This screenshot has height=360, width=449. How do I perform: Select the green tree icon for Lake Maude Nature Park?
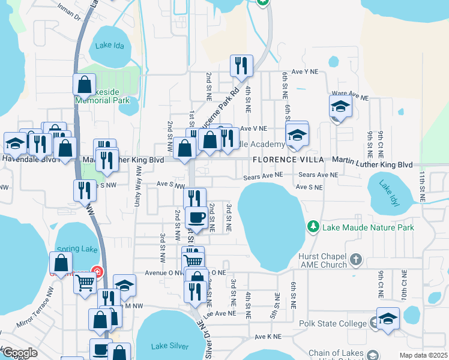pyautogui.click(x=313, y=227)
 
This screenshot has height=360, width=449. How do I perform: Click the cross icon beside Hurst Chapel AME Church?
pyautogui.click(x=356, y=260)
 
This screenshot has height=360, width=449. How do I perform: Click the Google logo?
pyautogui.click(x=19, y=353)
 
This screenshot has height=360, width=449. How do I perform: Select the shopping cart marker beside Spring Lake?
pyautogui.click(x=85, y=281)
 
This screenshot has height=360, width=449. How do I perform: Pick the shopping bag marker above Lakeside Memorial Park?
pyautogui.click(x=84, y=84)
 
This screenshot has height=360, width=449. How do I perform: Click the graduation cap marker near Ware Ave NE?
pyautogui.click(x=340, y=107)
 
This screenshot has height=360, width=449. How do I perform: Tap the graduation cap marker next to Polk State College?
pyautogui.click(x=388, y=319)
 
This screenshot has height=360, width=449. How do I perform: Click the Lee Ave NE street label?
pyautogui.click(x=219, y=314)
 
